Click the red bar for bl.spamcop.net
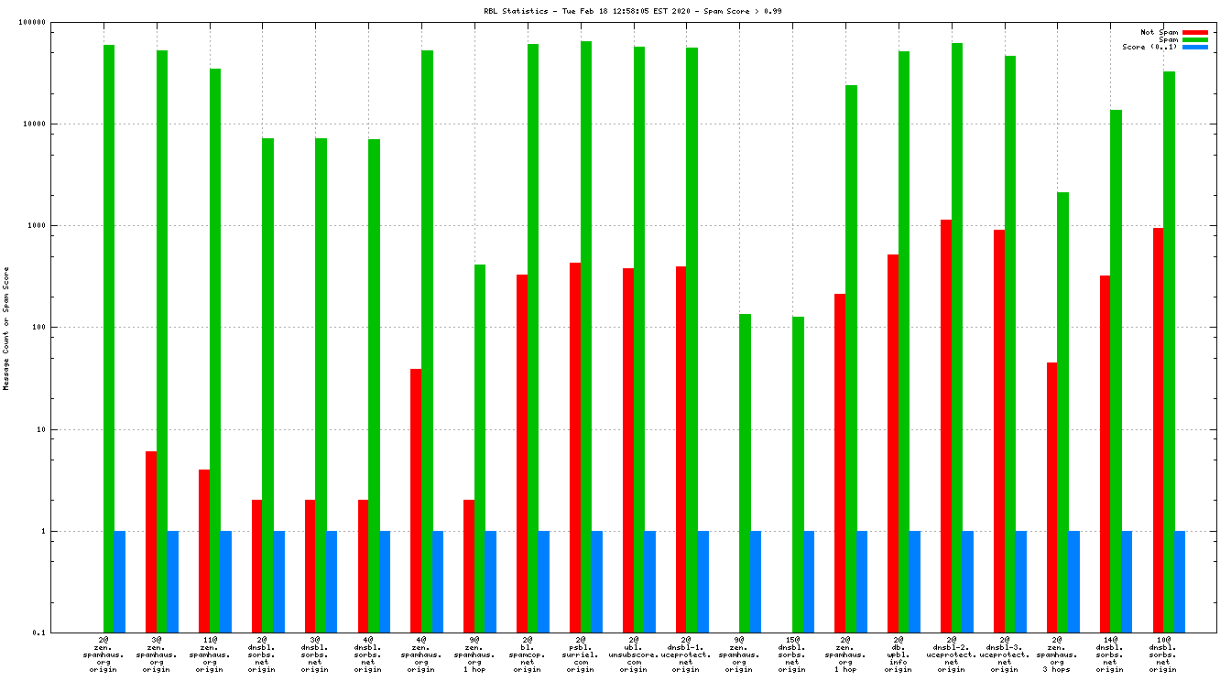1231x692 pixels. (522, 453)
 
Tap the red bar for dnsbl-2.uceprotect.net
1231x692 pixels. (946, 426)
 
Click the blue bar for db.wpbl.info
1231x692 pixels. (914, 581)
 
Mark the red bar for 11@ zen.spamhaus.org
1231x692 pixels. (204, 550)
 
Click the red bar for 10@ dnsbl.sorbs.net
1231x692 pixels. (1159, 430)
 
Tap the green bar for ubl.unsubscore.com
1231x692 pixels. (639, 340)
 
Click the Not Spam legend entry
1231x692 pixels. (1159, 32)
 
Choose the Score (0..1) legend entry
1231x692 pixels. (1149, 47)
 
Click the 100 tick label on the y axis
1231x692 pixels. (64, 328)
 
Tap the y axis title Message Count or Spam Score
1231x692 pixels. (6, 329)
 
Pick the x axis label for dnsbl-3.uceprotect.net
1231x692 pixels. (1005, 654)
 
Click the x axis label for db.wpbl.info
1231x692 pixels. (899, 654)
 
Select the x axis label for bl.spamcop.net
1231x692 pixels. (528, 654)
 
